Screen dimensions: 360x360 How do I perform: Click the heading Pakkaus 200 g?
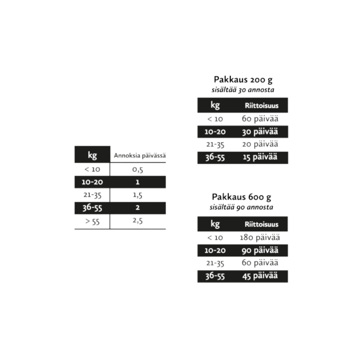tap(243, 80)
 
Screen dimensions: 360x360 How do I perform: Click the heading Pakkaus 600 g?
tap(242, 197)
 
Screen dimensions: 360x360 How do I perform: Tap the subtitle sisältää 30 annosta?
tap(243, 90)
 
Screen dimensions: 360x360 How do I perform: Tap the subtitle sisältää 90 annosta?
tap(241, 207)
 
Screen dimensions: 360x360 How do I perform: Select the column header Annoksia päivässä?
tap(140, 156)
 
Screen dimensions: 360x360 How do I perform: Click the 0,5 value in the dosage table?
tap(138, 169)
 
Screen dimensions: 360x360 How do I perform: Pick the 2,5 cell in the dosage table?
tap(138, 221)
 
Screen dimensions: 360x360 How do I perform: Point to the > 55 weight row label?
tap(92, 221)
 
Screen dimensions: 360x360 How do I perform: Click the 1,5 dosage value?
tap(138, 195)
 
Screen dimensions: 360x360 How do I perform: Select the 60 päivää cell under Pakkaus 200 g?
tap(260, 119)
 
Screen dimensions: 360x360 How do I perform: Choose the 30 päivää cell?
tap(260, 132)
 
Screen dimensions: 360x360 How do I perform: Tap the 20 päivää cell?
tap(260, 144)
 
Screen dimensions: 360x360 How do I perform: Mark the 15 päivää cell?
tap(260, 157)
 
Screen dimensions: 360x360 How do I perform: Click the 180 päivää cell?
tap(260, 237)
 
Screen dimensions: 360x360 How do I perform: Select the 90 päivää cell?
tap(260, 250)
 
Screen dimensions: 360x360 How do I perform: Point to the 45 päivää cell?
tap(260, 276)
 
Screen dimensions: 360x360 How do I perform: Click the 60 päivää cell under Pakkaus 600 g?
tap(260, 263)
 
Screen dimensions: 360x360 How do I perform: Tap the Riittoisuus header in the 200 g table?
tap(262, 106)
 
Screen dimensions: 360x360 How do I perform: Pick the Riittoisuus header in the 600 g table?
tap(262, 224)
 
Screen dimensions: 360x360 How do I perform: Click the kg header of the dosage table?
tap(92, 155)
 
